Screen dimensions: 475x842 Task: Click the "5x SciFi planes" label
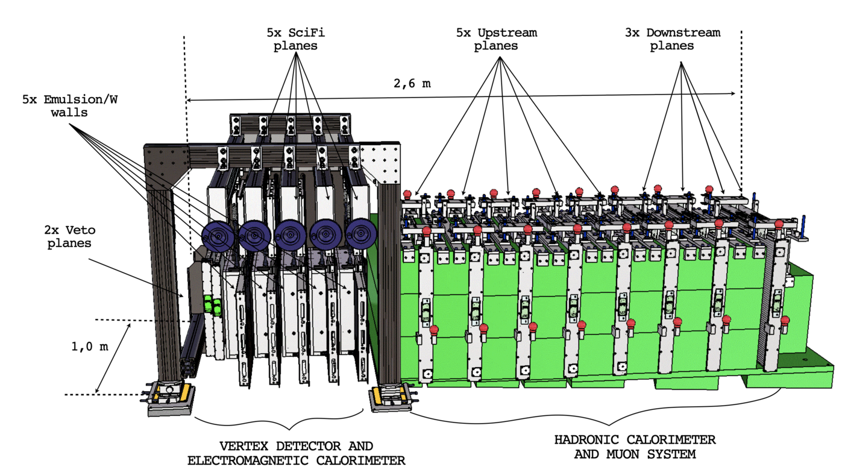tap(295, 39)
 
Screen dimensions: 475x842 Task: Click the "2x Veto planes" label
tap(69, 237)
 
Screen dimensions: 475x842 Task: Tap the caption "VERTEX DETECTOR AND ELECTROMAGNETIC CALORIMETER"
tap(296, 453)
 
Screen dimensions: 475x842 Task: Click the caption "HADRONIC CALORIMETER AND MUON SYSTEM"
tap(635, 446)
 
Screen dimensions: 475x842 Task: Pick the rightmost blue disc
tap(360, 234)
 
